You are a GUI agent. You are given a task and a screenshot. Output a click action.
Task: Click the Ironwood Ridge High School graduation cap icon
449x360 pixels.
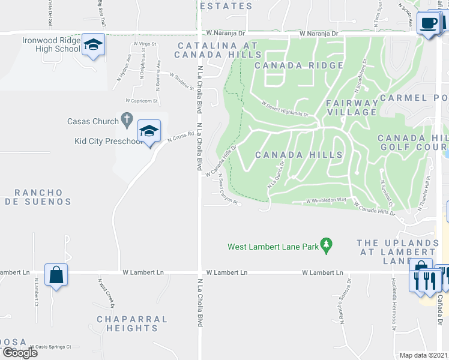pos(93,44)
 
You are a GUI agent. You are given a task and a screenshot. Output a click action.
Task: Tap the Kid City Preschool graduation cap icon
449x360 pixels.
pos(149,131)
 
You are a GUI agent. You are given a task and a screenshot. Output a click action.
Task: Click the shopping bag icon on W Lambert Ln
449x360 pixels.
pos(56,275)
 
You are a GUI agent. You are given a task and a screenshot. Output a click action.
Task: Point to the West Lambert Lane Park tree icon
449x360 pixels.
pos(327,245)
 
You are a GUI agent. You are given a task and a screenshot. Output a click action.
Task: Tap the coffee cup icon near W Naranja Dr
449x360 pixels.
pos(429,23)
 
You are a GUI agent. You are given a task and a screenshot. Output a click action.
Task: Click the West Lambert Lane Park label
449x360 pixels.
pos(273,246)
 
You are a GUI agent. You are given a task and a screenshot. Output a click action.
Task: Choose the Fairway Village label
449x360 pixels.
pos(352,107)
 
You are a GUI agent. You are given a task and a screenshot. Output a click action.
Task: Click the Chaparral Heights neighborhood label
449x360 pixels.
pos(132,323)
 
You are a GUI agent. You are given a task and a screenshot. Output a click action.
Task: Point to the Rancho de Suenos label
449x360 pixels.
pos(43,197)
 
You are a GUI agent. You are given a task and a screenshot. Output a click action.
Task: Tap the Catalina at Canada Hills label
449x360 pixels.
pos(217,50)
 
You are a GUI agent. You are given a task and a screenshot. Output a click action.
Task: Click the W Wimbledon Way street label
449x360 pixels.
pos(327,200)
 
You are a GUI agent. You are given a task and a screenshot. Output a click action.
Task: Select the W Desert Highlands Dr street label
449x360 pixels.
pos(285,109)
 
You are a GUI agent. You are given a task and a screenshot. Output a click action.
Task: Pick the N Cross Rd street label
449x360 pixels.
pos(181,137)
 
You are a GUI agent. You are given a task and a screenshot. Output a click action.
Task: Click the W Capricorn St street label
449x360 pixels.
pos(141,101)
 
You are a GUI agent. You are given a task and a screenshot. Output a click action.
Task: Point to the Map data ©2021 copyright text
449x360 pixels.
pos(424,355)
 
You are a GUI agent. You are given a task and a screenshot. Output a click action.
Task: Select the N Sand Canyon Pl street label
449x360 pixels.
pos(229,191)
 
